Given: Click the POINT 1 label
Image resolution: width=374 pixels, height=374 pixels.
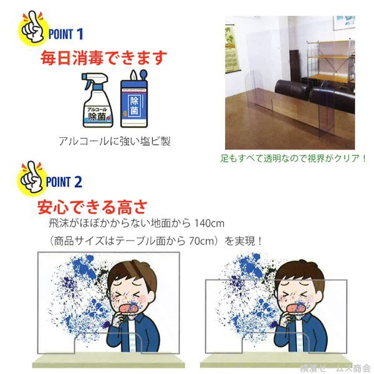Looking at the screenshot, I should point(68,32).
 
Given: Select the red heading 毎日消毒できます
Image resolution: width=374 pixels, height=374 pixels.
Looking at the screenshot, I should point(103,59).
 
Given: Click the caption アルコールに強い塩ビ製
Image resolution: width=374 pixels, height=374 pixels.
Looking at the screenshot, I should point(115,141).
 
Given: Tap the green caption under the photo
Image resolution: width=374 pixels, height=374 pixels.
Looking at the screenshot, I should point(294,159).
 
